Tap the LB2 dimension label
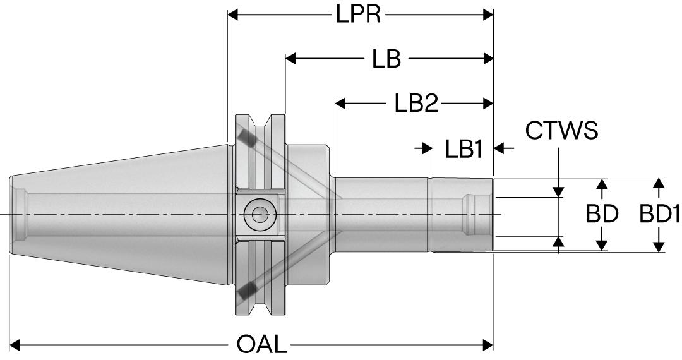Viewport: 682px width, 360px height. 416,103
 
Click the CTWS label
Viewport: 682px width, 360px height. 561,131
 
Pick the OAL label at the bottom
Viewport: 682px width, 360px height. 261,345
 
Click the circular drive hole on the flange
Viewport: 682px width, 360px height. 259,215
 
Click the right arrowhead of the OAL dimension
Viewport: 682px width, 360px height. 488,345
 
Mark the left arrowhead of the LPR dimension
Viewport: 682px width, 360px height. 233,14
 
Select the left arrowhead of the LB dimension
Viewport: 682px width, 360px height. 291,59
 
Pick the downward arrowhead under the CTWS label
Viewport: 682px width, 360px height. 559,191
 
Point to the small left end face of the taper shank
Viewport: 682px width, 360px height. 12,215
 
